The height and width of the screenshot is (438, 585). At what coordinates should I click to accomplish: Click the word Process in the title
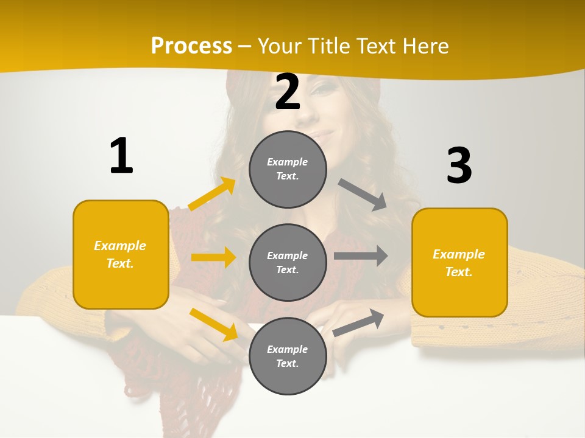click(191, 46)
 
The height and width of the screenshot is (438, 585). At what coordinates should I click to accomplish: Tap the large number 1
click(121, 156)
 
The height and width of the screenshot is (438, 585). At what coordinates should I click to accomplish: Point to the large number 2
click(288, 92)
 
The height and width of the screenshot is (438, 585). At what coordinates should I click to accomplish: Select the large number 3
click(459, 165)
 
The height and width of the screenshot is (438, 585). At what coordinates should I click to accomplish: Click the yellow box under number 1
click(121, 254)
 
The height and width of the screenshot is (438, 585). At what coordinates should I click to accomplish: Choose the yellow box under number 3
click(459, 262)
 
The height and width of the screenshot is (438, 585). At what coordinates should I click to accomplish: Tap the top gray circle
click(288, 169)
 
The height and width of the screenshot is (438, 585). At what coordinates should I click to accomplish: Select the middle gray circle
click(288, 262)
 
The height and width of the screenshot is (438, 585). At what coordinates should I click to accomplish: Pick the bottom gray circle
click(288, 356)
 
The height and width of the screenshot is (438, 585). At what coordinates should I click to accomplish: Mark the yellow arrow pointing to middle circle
click(213, 257)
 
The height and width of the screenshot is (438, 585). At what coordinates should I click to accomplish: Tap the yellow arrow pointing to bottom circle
click(214, 324)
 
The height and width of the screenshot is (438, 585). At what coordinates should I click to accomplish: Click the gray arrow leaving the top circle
click(363, 195)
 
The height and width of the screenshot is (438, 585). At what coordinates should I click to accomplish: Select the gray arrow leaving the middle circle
click(361, 255)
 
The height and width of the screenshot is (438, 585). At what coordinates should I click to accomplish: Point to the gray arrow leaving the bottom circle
click(359, 322)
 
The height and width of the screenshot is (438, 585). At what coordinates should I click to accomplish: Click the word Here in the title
click(427, 46)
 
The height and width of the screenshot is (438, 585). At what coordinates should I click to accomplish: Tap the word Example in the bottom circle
click(288, 349)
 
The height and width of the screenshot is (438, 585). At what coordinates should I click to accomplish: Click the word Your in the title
click(279, 46)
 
